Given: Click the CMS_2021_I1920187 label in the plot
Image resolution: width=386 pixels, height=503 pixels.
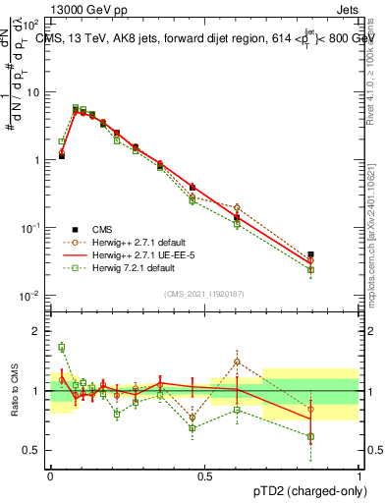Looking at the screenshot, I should point(204,294).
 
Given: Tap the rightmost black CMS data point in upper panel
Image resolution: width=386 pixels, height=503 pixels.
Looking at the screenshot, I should point(338,254).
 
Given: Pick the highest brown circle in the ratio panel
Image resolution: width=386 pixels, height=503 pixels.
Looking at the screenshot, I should point(237,362).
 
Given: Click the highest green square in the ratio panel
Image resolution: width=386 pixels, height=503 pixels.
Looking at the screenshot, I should point(61,347).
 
